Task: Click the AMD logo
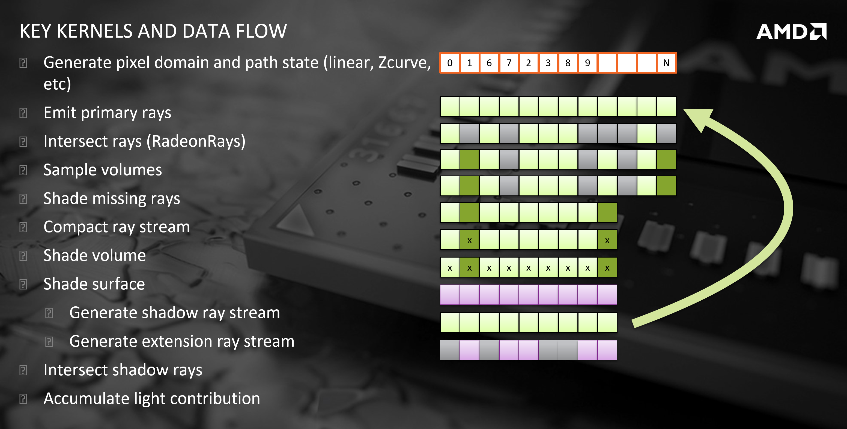pos(791,32)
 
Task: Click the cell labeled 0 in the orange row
pos(450,63)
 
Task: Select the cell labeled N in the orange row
pos(666,63)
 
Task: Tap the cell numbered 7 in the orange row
pos(509,63)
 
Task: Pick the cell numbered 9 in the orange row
pos(587,63)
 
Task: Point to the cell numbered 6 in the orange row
pos(489,63)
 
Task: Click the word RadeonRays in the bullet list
pos(196,141)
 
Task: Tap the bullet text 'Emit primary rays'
pos(107,113)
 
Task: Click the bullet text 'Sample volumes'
pos(103,170)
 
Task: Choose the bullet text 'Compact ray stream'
pos(117,227)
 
